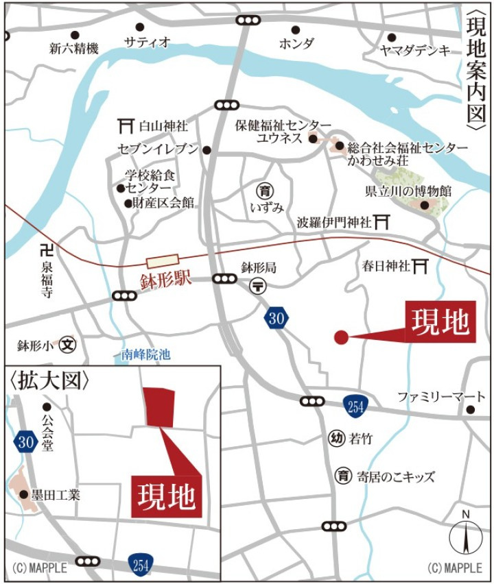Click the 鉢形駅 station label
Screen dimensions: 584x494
165,282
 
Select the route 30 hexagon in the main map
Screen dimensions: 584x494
276,317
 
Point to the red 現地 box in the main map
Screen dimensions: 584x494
440,321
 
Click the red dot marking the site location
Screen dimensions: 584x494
341,337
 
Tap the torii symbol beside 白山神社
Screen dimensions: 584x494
125,126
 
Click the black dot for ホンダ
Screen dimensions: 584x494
296,29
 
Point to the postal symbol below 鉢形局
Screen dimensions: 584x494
259,285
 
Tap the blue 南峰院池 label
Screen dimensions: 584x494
145,355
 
